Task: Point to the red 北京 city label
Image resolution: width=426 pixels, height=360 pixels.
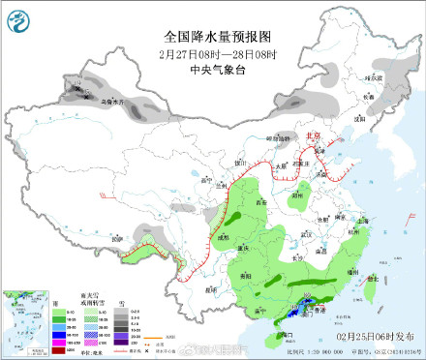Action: coord(313,136)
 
